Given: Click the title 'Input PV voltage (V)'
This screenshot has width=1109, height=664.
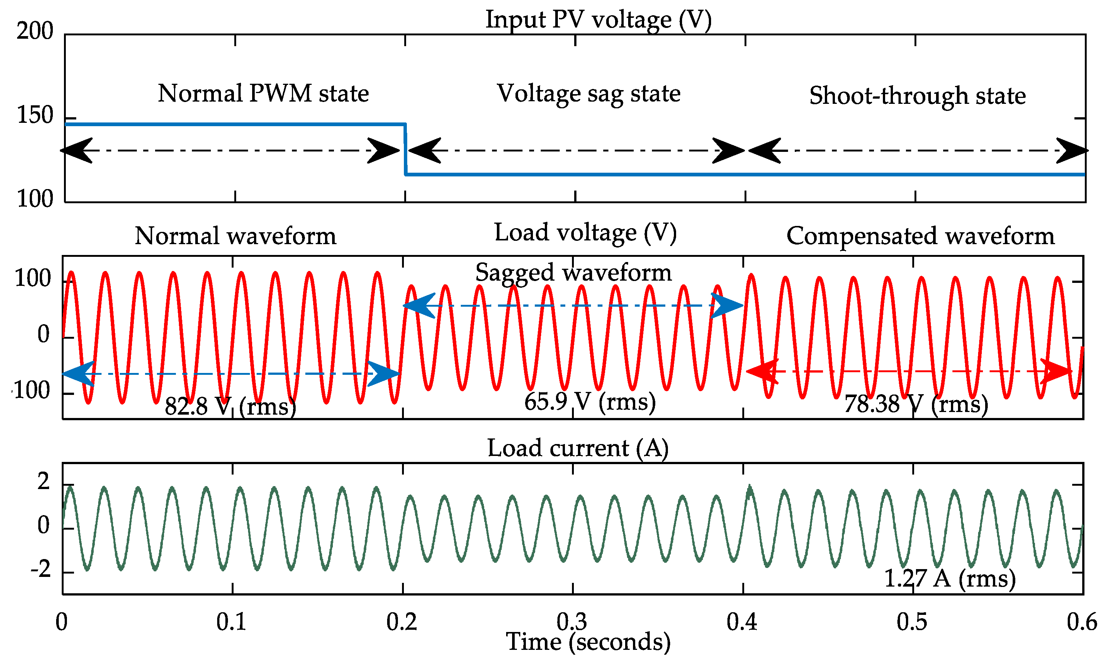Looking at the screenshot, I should (x=598, y=20).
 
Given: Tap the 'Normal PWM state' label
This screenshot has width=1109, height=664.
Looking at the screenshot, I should (x=263, y=93).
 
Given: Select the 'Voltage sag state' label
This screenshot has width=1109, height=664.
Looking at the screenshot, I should (x=589, y=93).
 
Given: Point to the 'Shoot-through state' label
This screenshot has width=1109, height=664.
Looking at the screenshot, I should (x=917, y=95).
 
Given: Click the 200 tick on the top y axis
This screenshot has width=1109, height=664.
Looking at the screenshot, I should (x=35, y=31).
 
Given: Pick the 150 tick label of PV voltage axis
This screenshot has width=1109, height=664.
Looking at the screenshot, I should (x=35, y=115).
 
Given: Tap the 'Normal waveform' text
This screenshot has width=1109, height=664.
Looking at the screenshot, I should (x=235, y=236).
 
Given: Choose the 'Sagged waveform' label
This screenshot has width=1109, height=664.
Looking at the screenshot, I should (x=573, y=272).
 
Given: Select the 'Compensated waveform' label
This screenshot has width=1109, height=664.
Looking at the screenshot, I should (x=920, y=236).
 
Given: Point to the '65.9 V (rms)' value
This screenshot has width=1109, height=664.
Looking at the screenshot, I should (x=589, y=401).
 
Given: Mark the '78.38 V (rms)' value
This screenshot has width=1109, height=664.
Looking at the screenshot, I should (x=916, y=404).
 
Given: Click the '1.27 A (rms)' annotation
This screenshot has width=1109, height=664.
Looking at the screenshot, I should (x=950, y=578).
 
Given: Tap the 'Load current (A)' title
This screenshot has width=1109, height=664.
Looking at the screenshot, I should (x=578, y=448).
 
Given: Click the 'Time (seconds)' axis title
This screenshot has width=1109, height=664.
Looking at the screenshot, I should (x=588, y=642).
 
